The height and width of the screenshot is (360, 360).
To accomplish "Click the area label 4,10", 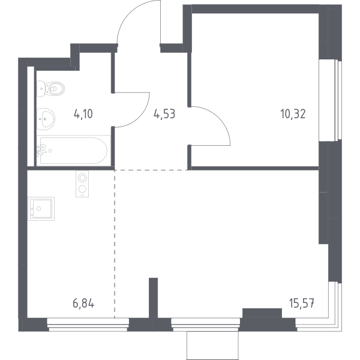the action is pyautogui.click(x=83, y=114).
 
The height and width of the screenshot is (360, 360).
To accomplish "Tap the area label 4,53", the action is pyautogui.click(x=164, y=114).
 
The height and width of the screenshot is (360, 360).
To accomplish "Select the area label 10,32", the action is pyautogui.click(x=293, y=114).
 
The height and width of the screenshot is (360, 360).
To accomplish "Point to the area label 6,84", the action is pyautogui.click(x=83, y=304).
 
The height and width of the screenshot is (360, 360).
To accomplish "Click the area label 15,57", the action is pyautogui.click(x=302, y=304).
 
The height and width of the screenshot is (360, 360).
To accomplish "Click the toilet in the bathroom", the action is pyautogui.click(x=51, y=88).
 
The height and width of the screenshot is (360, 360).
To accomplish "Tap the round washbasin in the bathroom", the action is pyautogui.click(x=46, y=119).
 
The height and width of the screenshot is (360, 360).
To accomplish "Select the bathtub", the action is pyautogui.click(x=73, y=151).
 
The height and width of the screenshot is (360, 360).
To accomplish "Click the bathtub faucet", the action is pyautogui.click(x=42, y=149).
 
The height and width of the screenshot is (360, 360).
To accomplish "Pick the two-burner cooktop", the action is pyautogui.click(x=82, y=184).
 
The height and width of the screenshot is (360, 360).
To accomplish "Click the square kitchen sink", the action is pyautogui.click(x=41, y=209).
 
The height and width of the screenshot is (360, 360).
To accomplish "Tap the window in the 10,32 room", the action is pyautogui.click(x=331, y=100).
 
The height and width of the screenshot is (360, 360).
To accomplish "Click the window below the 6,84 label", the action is pyautogui.click(x=88, y=325).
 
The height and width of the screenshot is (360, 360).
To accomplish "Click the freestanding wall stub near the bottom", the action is pyautogui.click(x=154, y=298).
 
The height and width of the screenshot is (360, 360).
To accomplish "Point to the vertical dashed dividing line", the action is pyautogui.click(x=115, y=244).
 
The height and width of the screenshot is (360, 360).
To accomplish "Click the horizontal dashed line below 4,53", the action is pyautogui.click(x=151, y=170).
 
